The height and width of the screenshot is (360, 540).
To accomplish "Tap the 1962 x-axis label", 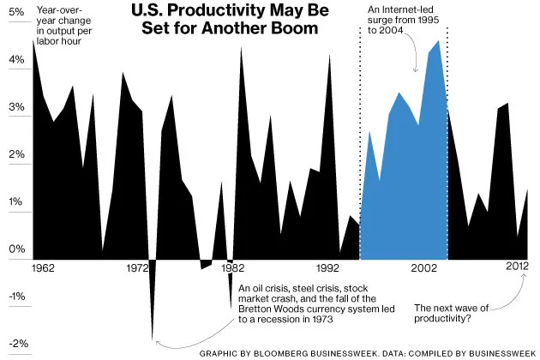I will [42, 268].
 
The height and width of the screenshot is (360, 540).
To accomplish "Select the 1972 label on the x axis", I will [136, 268].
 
